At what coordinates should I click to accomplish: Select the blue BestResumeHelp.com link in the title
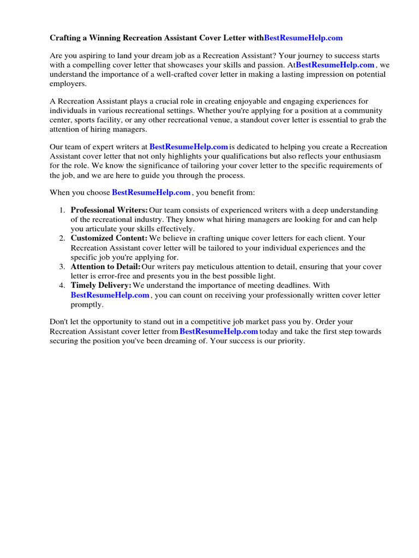tap(303, 38)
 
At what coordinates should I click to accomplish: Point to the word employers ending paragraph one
tap(68, 84)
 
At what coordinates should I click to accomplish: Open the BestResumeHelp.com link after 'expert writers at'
tap(189, 147)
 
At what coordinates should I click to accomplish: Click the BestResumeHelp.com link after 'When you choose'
tap(151, 192)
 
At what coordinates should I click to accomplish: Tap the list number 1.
tap(62, 210)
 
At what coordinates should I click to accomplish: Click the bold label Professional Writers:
tap(109, 210)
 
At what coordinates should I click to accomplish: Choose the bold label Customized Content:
tap(109, 239)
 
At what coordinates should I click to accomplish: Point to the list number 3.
tap(62, 267)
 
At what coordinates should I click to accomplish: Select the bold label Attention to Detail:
tap(105, 267)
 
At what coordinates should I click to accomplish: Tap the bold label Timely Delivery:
tap(101, 286)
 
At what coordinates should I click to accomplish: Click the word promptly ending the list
tap(87, 305)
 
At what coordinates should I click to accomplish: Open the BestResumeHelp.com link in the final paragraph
tap(219, 331)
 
